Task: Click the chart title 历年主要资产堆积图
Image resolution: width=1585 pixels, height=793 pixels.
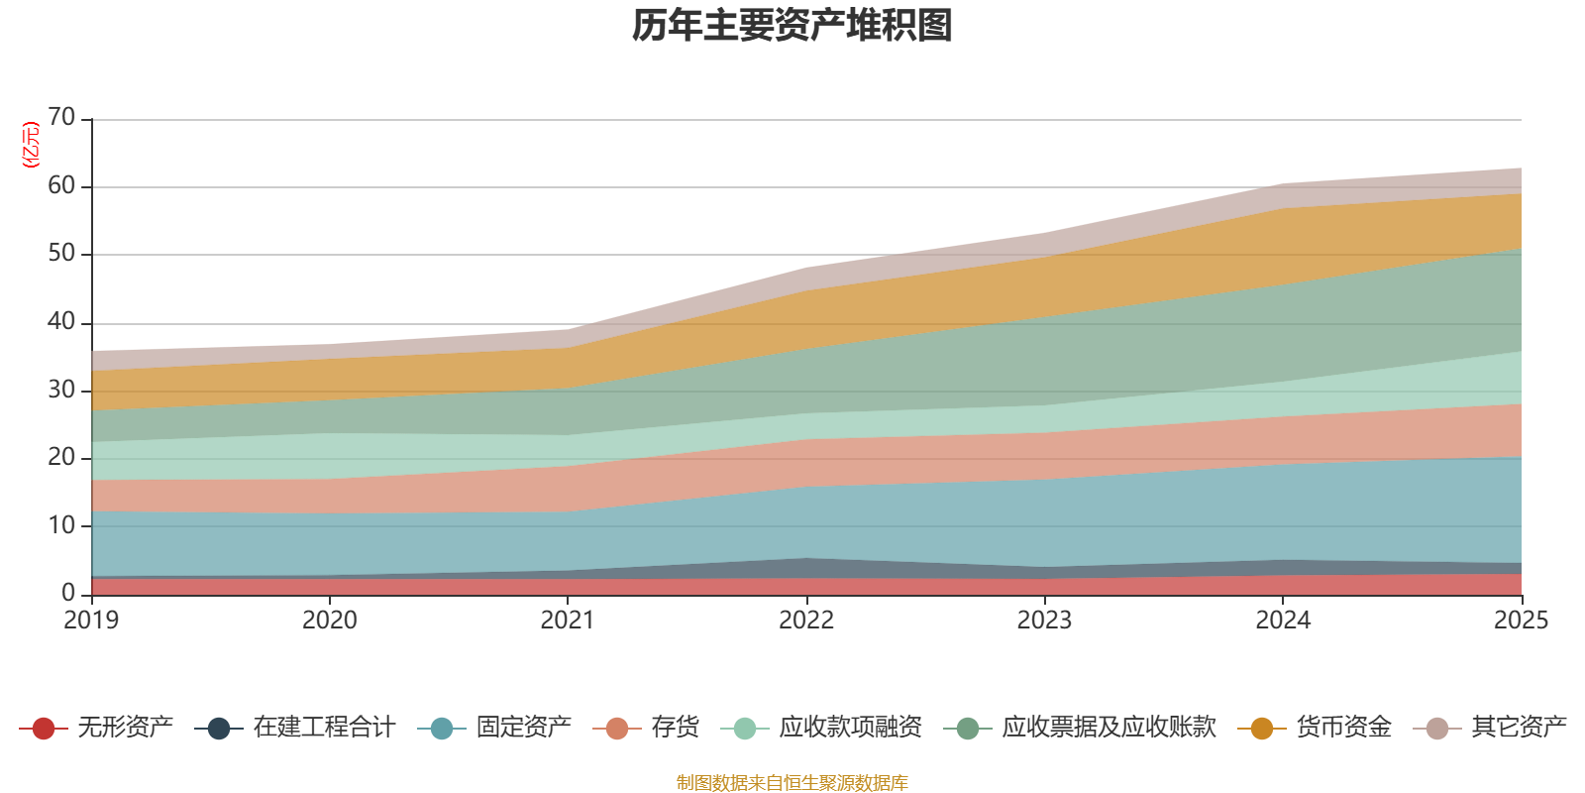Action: click(792, 27)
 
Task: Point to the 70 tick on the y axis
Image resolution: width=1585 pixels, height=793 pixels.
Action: click(61, 118)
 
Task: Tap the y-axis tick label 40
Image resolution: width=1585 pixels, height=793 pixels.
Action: click(61, 322)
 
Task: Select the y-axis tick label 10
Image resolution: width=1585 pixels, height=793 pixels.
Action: click(61, 525)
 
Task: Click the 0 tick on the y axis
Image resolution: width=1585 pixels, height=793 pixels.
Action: click(68, 593)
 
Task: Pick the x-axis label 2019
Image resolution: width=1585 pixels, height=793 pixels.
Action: click(91, 621)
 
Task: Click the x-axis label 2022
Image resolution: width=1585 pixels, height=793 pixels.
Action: click(806, 621)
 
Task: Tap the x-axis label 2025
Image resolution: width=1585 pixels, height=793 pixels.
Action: click(1521, 621)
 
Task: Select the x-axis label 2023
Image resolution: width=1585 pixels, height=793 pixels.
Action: click(1044, 621)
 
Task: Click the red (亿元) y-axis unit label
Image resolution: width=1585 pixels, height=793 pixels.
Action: click(31, 145)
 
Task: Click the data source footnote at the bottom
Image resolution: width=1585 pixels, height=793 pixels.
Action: click(792, 783)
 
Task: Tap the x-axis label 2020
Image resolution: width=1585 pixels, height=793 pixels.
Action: click(330, 621)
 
